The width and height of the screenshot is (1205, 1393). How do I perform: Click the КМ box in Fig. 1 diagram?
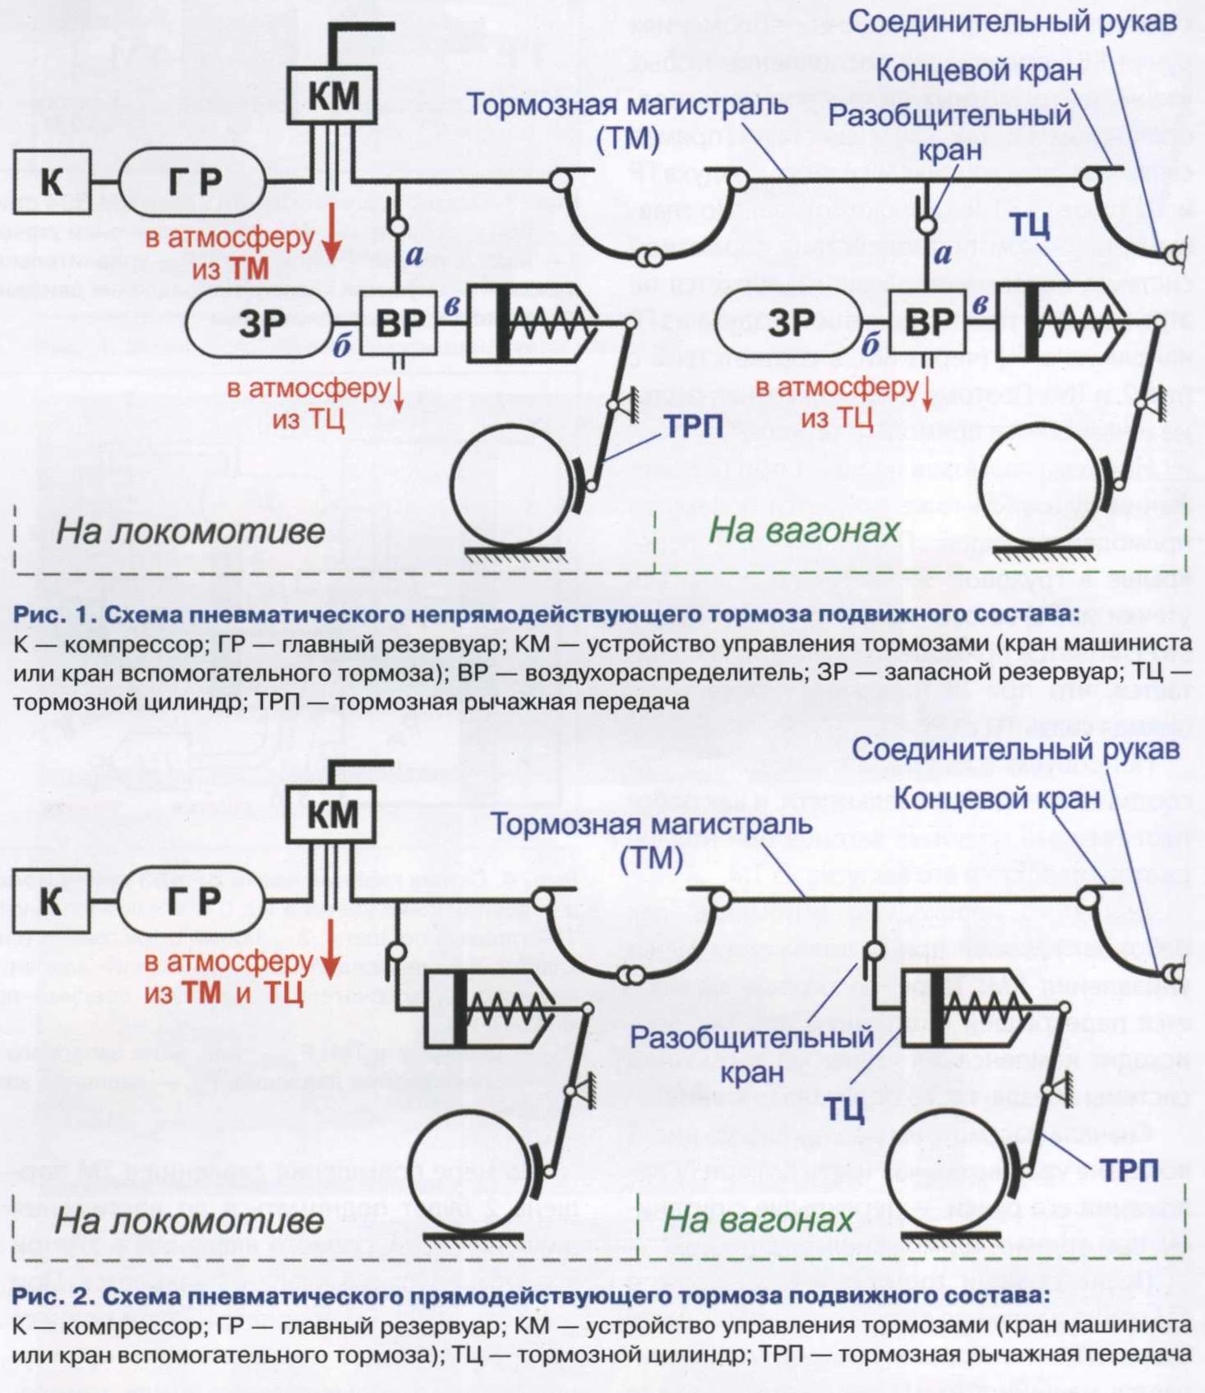pos(333,95)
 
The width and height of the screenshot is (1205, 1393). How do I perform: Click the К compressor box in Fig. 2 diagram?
pos(51,901)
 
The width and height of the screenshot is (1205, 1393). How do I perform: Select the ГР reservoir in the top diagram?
pos(193,181)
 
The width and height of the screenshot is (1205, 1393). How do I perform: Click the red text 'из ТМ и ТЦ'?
pos(224,994)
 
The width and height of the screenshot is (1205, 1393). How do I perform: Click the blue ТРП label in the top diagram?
pos(694,426)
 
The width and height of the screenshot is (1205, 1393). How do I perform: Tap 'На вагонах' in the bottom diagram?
pos(759,1220)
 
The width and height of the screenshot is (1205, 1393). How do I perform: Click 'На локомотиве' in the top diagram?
pos(191,531)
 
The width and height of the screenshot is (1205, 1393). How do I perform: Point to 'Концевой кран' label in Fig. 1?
pos(978,71)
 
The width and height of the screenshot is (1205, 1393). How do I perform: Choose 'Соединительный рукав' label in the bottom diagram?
pos(1016,749)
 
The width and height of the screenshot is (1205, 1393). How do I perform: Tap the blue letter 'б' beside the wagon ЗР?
pos(870,345)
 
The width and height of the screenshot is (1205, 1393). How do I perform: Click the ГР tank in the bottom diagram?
pos(193,901)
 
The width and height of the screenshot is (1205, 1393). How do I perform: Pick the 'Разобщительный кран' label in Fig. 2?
pos(752,1054)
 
